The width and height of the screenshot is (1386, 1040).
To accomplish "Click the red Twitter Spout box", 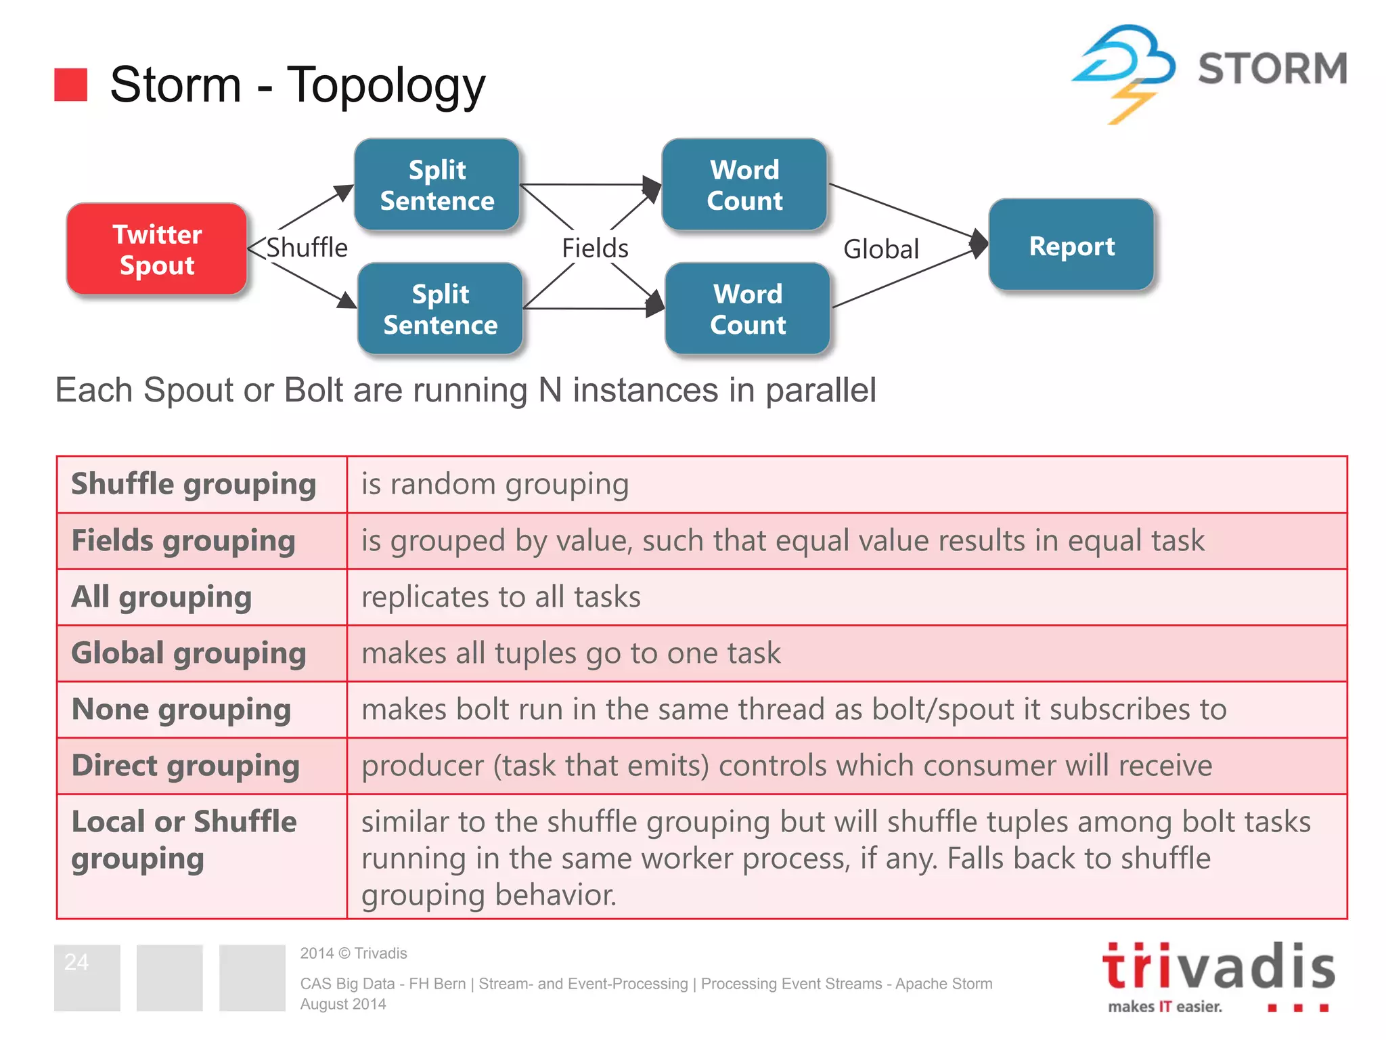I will point(157,249).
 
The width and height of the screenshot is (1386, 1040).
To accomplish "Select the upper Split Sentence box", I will point(437,185).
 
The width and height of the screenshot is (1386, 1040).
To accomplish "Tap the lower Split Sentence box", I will point(440,309).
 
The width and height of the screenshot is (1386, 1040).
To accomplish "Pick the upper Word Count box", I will point(744,185).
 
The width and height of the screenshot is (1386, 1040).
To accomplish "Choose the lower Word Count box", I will point(747,309).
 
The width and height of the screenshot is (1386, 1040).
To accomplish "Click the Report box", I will point(1071,246).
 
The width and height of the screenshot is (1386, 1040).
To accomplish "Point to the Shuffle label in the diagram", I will point(307,248).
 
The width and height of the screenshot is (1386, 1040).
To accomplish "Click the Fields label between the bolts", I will point(595,248).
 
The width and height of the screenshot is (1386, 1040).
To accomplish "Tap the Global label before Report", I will point(880,249).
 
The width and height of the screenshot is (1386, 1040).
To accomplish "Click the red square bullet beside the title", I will point(71,85).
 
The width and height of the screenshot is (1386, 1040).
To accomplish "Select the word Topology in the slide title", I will point(386,85).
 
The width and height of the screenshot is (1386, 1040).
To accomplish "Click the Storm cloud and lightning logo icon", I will point(1123,71).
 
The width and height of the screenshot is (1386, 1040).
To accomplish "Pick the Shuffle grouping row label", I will point(194,484).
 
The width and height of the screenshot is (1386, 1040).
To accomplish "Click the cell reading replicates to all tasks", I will point(501,597).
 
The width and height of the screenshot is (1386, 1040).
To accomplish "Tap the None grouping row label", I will point(181,710).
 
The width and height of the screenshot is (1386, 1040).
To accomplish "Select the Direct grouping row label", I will point(185,766).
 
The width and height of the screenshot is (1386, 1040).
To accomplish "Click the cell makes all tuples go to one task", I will point(571,653).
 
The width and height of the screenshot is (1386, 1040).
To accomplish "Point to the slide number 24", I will point(76,962).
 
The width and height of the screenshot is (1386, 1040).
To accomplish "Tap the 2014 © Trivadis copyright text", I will point(353,953).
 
